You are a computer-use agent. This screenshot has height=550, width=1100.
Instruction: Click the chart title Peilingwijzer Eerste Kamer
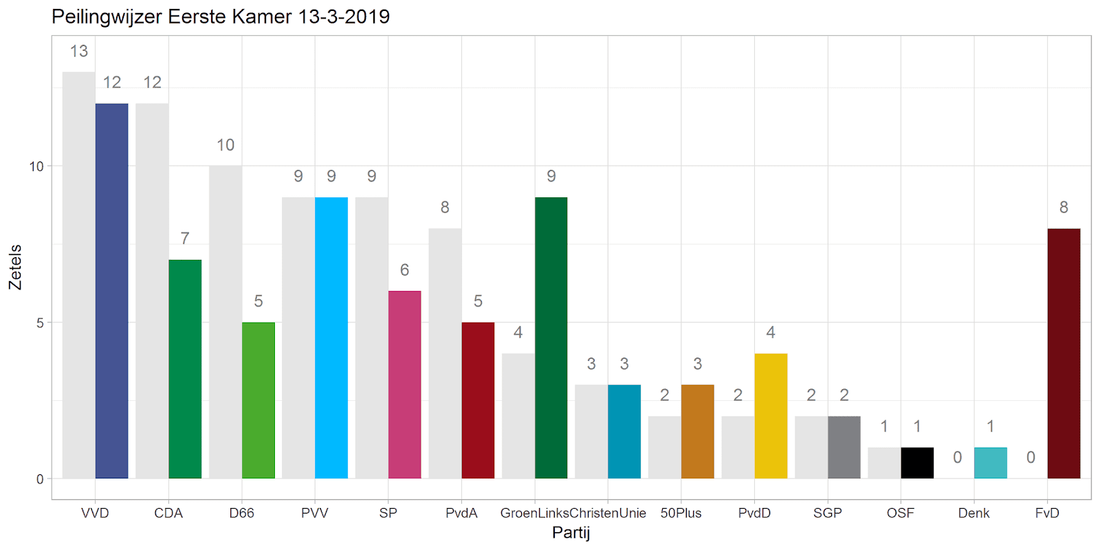(221, 16)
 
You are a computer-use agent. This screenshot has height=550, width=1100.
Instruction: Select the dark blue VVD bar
(111, 291)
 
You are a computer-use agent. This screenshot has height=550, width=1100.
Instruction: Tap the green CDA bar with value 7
(185, 369)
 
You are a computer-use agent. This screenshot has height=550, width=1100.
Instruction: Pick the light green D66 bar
(258, 400)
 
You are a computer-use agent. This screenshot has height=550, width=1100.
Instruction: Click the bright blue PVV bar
(331, 338)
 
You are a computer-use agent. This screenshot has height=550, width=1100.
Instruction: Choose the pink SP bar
(404, 384)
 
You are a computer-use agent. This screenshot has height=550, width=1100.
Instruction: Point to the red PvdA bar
(478, 400)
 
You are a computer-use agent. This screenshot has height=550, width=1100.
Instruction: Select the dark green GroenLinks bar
(551, 338)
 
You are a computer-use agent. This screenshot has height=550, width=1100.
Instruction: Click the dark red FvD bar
(1064, 353)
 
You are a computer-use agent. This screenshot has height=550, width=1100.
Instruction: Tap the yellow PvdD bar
(771, 416)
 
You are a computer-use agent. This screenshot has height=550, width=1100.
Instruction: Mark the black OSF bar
(917, 463)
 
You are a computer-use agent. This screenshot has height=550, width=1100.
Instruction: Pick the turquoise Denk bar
(991, 463)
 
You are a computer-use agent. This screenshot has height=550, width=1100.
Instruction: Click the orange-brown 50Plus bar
(698, 432)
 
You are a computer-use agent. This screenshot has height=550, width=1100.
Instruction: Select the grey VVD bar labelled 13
(78, 275)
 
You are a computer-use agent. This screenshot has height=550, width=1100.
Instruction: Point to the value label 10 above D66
(225, 145)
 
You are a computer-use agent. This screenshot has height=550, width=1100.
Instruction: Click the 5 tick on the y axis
(40, 323)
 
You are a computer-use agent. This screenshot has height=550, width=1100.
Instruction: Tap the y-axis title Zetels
(15, 267)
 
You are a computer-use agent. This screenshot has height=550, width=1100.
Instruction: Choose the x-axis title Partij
(571, 533)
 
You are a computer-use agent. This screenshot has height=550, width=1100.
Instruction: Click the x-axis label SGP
(828, 514)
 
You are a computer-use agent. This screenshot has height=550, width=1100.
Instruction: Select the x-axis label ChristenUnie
(608, 514)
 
